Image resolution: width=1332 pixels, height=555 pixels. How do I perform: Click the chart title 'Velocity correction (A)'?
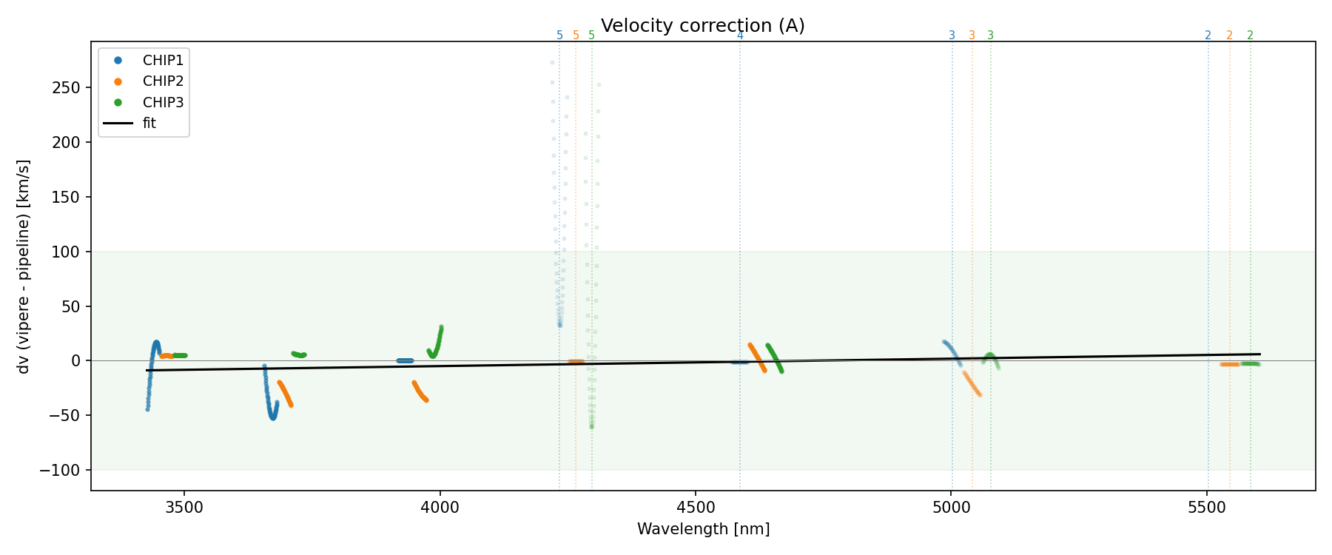702,26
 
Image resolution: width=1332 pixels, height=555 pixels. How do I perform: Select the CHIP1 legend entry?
163,60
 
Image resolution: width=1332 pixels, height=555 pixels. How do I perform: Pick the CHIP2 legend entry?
163,81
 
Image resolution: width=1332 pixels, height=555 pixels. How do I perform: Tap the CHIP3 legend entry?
163,103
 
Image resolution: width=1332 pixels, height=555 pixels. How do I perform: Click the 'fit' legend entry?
149,124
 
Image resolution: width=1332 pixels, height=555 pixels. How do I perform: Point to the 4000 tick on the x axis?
440,507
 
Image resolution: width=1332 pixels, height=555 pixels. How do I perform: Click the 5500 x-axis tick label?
1207,507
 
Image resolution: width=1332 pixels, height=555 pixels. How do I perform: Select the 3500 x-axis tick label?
184,507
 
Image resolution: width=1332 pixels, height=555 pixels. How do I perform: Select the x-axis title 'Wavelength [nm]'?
703,529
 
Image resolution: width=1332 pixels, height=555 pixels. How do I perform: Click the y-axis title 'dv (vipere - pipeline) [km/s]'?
24,266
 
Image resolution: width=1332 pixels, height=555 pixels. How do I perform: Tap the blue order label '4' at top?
740,36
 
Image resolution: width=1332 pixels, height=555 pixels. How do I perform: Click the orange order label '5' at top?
576,36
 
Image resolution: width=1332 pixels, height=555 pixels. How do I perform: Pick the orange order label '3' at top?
972,36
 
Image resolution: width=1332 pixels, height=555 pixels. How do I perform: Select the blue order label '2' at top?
1208,36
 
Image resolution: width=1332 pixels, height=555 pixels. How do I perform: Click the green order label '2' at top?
1250,36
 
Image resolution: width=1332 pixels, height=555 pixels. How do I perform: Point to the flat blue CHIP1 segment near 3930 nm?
405,361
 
